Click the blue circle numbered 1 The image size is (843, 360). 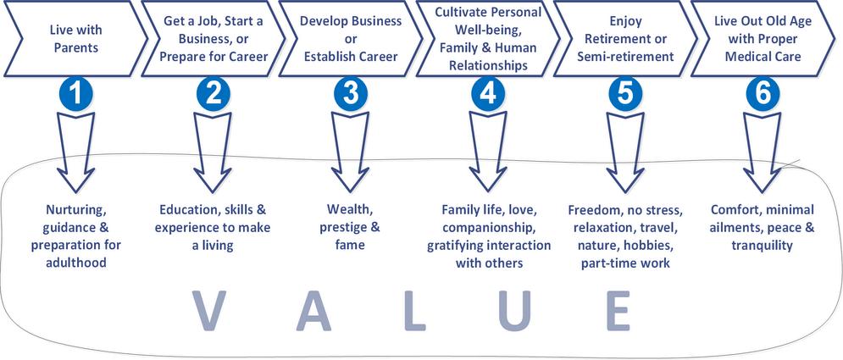point(77,94)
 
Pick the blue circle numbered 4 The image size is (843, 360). point(486,94)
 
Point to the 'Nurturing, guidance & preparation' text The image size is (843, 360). point(76,236)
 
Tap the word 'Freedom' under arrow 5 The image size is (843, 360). point(595,208)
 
